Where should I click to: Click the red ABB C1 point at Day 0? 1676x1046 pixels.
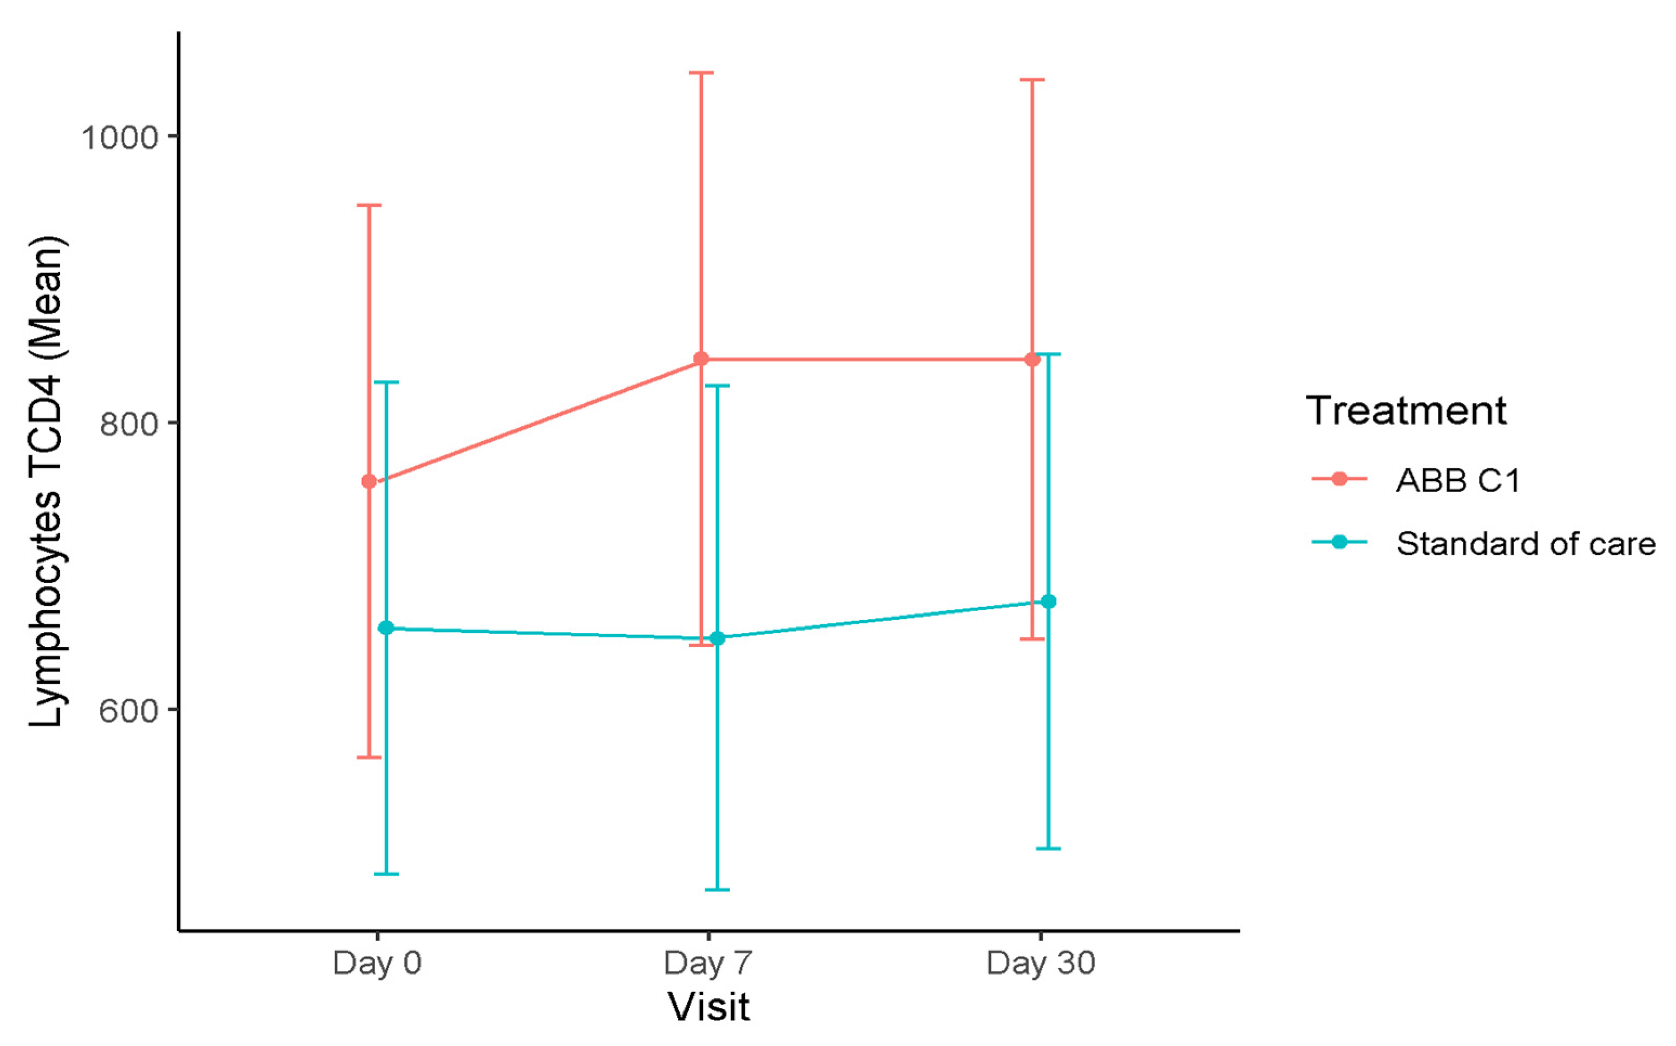(369, 481)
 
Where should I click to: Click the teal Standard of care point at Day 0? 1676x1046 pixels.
(386, 628)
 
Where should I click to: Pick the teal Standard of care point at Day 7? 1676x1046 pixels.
(718, 638)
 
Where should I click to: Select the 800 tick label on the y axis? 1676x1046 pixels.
(129, 423)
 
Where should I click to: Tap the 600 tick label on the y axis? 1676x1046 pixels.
(129, 710)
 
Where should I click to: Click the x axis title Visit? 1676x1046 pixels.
(708, 1007)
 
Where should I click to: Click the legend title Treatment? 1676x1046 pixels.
(1405, 410)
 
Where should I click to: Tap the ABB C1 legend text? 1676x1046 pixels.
(1457, 480)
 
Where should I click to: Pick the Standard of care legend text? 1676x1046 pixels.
(1525, 544)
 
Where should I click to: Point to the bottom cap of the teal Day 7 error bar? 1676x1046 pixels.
(718, 890)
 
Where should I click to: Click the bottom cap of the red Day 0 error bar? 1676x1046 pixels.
(369, 757)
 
